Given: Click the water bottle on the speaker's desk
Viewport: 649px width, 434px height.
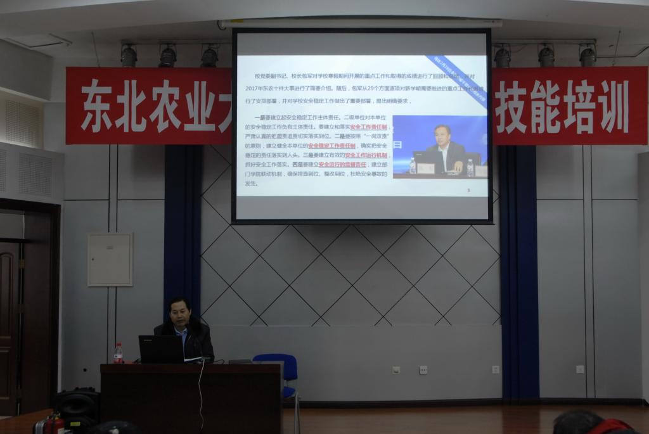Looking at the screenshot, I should (x=118, y=353).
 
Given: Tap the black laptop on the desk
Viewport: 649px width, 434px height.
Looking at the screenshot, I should (x=161, y=349).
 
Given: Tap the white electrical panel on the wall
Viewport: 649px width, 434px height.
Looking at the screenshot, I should (x=110, y=259).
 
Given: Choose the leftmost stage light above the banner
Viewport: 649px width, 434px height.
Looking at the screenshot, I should (x=129, y=56).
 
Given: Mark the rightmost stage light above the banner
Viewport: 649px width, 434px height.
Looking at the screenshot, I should (x=588, y=56).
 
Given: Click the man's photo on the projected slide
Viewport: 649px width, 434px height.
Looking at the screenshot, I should (x=440, y=146).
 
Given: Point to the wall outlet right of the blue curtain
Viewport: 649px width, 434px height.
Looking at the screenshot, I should (x=579, y=369).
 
